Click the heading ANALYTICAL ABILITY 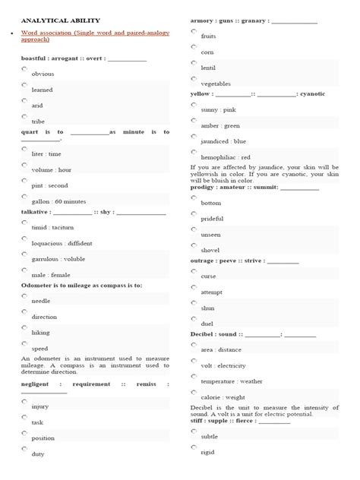tap(61, 21)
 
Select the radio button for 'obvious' tap(24, 68)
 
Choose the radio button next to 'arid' tap(24, 100)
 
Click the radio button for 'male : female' tap(24, 270)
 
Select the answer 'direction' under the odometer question tap(43, 317)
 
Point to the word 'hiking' tap(40, 333)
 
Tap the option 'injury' tap(39, 407)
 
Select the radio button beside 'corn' tap(194, 46)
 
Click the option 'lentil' tap(208, 68)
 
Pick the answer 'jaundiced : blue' tap(223, 141)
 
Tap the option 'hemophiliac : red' tap(226, 157)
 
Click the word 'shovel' tap(210, 250)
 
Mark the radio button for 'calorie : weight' tap(194, 393)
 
